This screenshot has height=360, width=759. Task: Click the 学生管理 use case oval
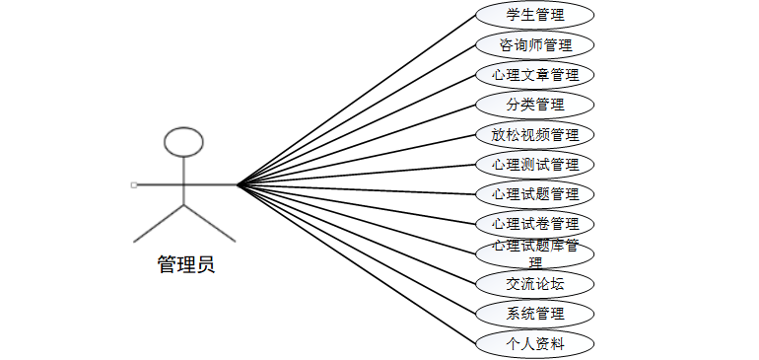[534, 15]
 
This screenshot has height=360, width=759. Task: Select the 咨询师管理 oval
[534, 44]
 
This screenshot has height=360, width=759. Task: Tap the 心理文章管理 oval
[534, 74]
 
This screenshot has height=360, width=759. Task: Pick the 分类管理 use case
[534, 105]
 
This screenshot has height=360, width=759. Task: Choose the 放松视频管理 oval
[534, 134]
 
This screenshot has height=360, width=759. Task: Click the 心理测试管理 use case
[534, 164]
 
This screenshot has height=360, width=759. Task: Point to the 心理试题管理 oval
[534, 193]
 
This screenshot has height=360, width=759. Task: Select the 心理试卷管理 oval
[534, 223]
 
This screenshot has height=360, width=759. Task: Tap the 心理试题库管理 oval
[534, 252]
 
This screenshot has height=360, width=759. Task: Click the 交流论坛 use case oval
[534, 284]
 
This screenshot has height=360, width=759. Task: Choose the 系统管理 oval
[534, 314]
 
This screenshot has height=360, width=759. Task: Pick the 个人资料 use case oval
[534, 343]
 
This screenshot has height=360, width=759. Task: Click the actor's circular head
[183, 142]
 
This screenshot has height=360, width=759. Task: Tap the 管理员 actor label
[185, 264]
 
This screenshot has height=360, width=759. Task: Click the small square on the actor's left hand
[133, 184]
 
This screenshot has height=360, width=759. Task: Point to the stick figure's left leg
[158, 224]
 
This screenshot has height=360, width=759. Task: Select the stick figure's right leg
[210, 224]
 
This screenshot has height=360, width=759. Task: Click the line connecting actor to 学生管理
[355, 100]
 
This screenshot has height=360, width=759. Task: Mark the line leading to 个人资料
[355, 263]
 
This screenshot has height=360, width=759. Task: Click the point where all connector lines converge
[237, 184]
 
